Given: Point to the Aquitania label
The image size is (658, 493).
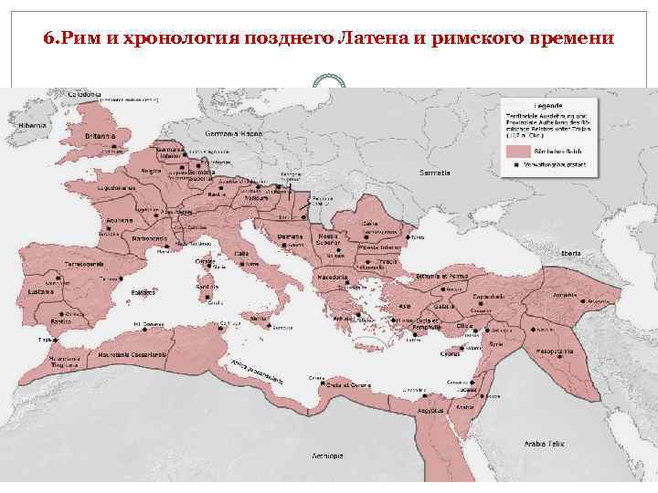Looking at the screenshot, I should [x=121, y=222].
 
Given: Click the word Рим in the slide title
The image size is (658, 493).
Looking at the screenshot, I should [x=78, y=39].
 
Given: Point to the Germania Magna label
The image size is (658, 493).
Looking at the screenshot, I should [x=239, y=133].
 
